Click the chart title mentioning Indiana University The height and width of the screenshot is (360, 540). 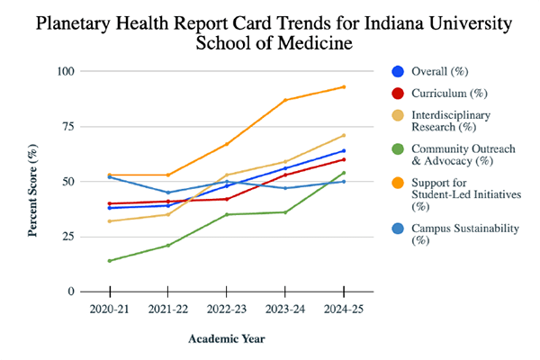point(270,32)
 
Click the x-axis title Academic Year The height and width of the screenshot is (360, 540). point(226,338)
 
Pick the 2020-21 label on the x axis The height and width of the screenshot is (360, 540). point(109,310)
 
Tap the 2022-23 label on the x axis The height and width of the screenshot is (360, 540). point(226,310)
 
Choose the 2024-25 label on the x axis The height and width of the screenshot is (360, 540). point(343,310)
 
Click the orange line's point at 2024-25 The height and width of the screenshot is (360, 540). point(343,87)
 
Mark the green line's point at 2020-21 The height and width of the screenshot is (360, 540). point(109,261)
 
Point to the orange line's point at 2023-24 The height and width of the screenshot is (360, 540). point(284,100)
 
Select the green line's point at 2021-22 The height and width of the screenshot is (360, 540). point(167,246)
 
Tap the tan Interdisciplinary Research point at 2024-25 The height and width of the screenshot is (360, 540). point(343,135)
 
